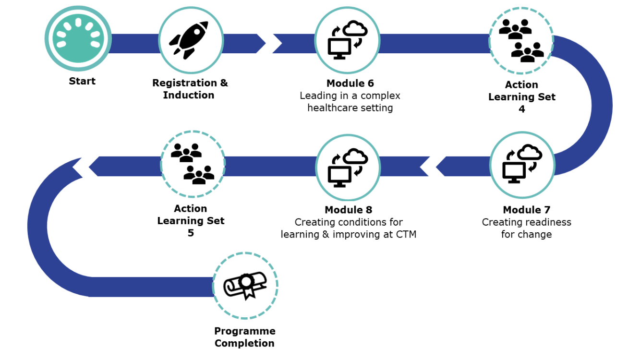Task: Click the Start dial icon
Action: click(78, 37)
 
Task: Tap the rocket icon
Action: click(190, 40)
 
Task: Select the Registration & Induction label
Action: click(190, 89)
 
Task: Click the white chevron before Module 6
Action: click(266, 43)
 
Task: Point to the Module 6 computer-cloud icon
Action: click(347, 40)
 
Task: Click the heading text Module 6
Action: click(350, 84)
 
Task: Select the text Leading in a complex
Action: click(350, 96)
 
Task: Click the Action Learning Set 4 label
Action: click(522, 91)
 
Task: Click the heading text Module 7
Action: click(526, 210)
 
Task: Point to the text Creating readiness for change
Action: click(526, 228)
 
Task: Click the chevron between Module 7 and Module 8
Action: click(435, 167)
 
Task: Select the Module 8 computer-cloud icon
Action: click(348, 167)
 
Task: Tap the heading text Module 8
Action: click(348, 210)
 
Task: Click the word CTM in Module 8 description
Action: click(406, 235)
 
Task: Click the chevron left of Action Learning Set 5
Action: click(89, 167)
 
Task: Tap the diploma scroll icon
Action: click(245, 286)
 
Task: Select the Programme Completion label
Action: click(244, 336)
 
